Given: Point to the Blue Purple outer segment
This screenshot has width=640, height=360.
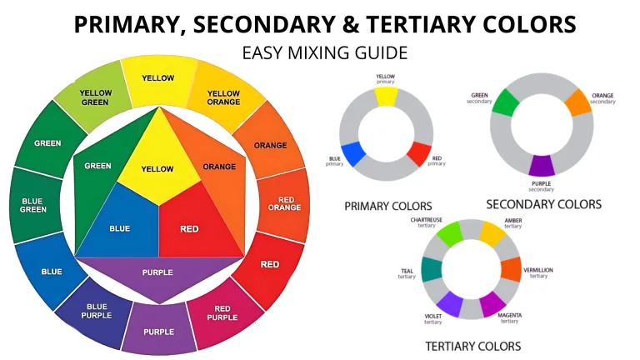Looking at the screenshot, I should (95, 310).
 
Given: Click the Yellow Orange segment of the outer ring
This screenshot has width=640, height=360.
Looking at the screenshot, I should (223, 97).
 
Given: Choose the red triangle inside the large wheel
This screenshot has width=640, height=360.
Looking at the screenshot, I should (189, 227).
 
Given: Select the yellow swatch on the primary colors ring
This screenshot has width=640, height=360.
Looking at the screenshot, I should (386, 97).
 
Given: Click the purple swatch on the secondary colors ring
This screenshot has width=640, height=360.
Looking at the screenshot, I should (541, 164).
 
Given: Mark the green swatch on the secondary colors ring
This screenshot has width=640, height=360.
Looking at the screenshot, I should (503, 102).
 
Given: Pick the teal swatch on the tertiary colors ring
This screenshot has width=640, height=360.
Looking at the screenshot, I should (431, 269).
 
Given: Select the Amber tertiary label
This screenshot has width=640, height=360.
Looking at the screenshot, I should (513, 222).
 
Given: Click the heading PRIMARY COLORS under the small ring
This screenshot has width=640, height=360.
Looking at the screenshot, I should (387, 205).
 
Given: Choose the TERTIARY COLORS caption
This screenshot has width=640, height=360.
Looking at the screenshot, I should (472, 346).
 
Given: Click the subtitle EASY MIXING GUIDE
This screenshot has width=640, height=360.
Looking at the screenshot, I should (325, 53).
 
